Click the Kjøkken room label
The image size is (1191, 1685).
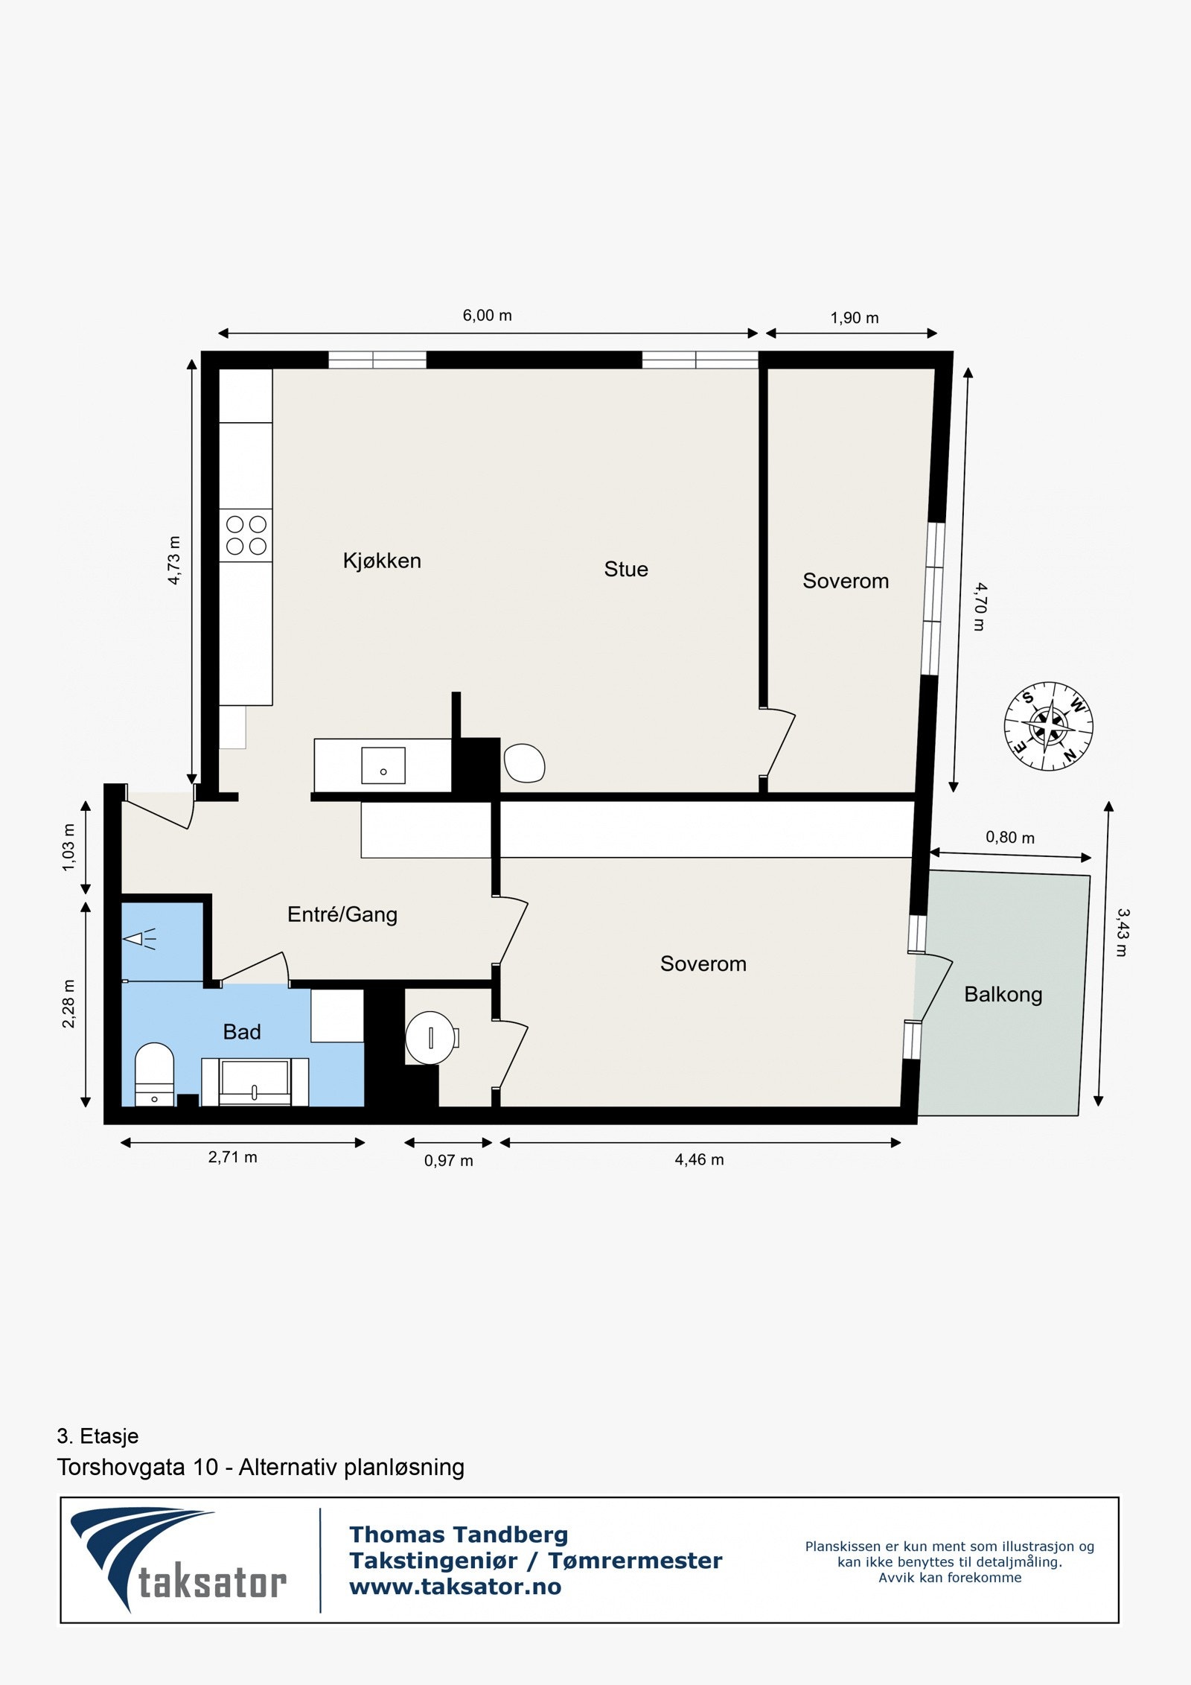382,561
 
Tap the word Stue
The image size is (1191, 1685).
626,570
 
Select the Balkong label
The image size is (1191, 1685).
1003,995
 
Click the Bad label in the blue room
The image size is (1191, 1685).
242,1032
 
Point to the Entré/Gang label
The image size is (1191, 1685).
342,914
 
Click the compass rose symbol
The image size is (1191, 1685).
1048,726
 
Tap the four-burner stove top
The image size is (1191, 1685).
246,535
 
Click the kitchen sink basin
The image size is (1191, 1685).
383,766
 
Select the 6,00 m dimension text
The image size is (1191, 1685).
488,316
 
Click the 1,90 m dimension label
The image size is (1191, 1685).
855,319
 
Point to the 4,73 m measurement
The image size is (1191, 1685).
174,561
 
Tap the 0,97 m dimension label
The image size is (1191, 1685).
449,1161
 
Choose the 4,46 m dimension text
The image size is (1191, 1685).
699,1159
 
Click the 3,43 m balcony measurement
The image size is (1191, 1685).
1123,932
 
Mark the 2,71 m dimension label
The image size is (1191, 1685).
233,1157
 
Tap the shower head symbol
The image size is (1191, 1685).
137,939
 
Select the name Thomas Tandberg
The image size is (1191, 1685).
459,1535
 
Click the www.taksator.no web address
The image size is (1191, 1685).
456,1587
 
